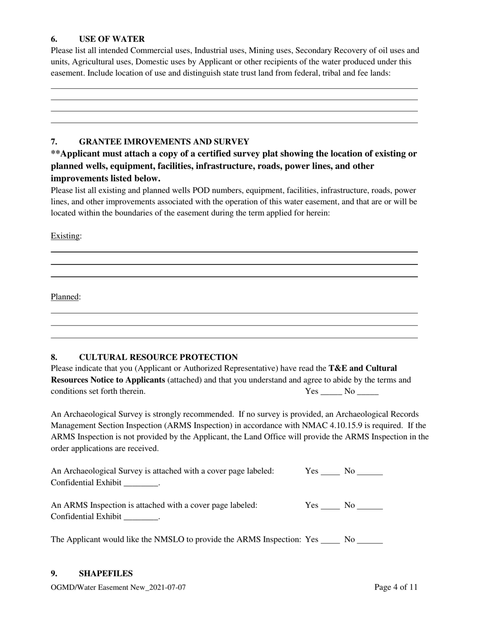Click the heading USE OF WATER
(x=112, y=39)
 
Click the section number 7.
(x=54, y=142)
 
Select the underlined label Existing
(x=65, y=236)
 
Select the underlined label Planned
(x=65, y=297)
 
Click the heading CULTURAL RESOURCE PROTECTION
(x=158, y=357)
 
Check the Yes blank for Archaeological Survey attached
(x=330, y=472)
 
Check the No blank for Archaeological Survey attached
(x=370, y=472)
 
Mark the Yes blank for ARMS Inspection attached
(x=330, y=505)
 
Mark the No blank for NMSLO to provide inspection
(x=370, y=540)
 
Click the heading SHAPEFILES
(x=106, y=574)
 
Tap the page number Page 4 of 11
(x=396, y=587)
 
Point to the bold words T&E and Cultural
(x=362, y=368)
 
